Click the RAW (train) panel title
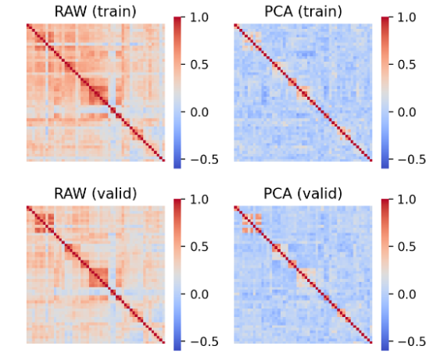(95, 12)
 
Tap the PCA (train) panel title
(303, 12)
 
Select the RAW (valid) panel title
(95, 194)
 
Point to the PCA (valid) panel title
(303, 194)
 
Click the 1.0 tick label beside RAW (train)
(199, 17)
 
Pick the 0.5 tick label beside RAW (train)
(199, 65)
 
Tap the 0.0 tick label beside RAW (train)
(199, 112)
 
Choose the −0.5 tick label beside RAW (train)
(204, 160)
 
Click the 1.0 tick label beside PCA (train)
(406, 17)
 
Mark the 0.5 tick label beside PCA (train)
(406, 65)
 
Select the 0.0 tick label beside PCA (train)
(406, 112)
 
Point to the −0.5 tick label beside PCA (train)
(412, 160)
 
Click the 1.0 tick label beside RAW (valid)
(199, 199)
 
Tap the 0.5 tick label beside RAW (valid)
(199, 247)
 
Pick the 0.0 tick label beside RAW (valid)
(199, 294)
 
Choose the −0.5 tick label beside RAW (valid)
(204, 342)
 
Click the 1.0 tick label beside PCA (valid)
(406, 199)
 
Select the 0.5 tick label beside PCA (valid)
(406, 247)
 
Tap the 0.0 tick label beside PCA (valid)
(406, 294)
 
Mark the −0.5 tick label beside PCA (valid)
(412, 342)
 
